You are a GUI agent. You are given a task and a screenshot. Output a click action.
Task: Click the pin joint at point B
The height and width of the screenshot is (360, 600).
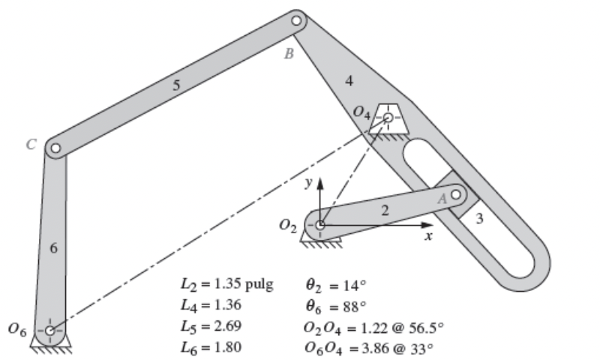[x=296, y=19]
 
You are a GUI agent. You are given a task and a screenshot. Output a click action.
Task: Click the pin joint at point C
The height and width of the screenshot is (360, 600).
[x=54, y=148]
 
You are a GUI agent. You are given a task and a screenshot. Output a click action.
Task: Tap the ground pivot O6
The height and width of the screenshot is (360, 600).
[x=49, y=330]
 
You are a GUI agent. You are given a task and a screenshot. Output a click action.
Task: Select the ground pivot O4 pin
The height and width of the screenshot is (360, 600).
[x=388, y=118]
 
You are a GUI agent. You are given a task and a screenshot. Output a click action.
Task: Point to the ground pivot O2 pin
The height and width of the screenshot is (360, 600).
[x=320, y=224]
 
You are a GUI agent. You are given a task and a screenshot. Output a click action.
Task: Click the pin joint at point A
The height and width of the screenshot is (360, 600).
[x=454, y=195]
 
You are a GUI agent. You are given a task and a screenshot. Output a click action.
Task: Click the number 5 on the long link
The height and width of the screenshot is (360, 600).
[x=176, y=85]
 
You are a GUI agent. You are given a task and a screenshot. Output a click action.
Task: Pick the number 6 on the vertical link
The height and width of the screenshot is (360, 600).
[x=53, y=249]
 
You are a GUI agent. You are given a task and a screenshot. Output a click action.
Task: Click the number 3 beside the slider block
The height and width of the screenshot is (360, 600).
[x=479, y=219]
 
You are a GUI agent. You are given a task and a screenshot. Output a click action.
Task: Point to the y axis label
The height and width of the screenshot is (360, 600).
[x=307, y=183]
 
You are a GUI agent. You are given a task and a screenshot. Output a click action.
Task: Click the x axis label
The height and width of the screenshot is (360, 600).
[x=428, y=236]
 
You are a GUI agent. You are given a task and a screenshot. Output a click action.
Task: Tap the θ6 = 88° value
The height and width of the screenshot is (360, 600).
[x=335, y=306]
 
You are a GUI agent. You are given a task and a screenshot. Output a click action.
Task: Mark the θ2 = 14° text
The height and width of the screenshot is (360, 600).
[x=335, y=285]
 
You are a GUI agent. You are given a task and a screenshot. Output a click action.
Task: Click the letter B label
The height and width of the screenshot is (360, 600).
[x=287, y=54]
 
